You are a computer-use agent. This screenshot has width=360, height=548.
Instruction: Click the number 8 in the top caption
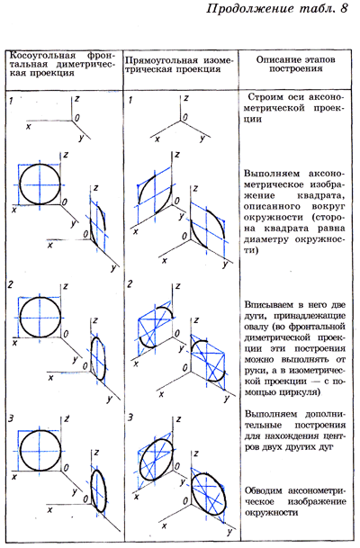pyautogui.click(x=344, y=8)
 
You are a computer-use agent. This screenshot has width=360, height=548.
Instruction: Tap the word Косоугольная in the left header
pyautogui.click(x=42, y=56)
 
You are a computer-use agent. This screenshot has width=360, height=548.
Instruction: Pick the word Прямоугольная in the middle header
pyautogui.click(x=159, y=60)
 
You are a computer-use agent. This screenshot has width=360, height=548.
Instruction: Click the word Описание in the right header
pyautogui.click(x=278, y=59)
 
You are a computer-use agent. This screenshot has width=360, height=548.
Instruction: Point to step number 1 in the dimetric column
pyautogui.click(x=12, y=102)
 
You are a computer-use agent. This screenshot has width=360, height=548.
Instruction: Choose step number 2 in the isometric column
pyautogui.click(x=130, y=284)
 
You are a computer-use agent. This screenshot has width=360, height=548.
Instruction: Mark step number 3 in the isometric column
pyautogui.click(x=130, y=418)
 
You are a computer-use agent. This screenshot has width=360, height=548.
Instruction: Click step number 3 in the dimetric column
pyautogui.click(x=11, y=418)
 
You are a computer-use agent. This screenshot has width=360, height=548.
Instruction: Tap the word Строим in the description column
pyautogui.click(x=265, y=97)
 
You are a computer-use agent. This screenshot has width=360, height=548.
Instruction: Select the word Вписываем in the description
pyautogui.click(x=264, y=304)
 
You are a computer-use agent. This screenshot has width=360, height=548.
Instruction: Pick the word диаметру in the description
pyautogui.click(x=267, y=239)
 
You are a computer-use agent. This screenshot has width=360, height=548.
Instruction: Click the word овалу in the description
pyautogui.click(x=255, y=327)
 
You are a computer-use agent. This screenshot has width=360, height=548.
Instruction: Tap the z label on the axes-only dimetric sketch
pyautogui.click(x=76, y=99)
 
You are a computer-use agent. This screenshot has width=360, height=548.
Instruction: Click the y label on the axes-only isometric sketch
pyautogui.click(x=202, y=139)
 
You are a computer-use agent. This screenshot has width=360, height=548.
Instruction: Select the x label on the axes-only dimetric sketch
pyautogui.click(x=28, y=127)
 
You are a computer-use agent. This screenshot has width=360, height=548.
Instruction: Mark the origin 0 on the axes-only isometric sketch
pyautogui.click(x=185, y=117)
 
